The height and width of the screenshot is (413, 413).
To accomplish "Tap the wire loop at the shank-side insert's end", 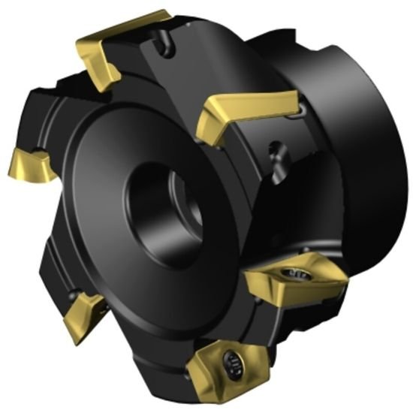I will tap(300, 113).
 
